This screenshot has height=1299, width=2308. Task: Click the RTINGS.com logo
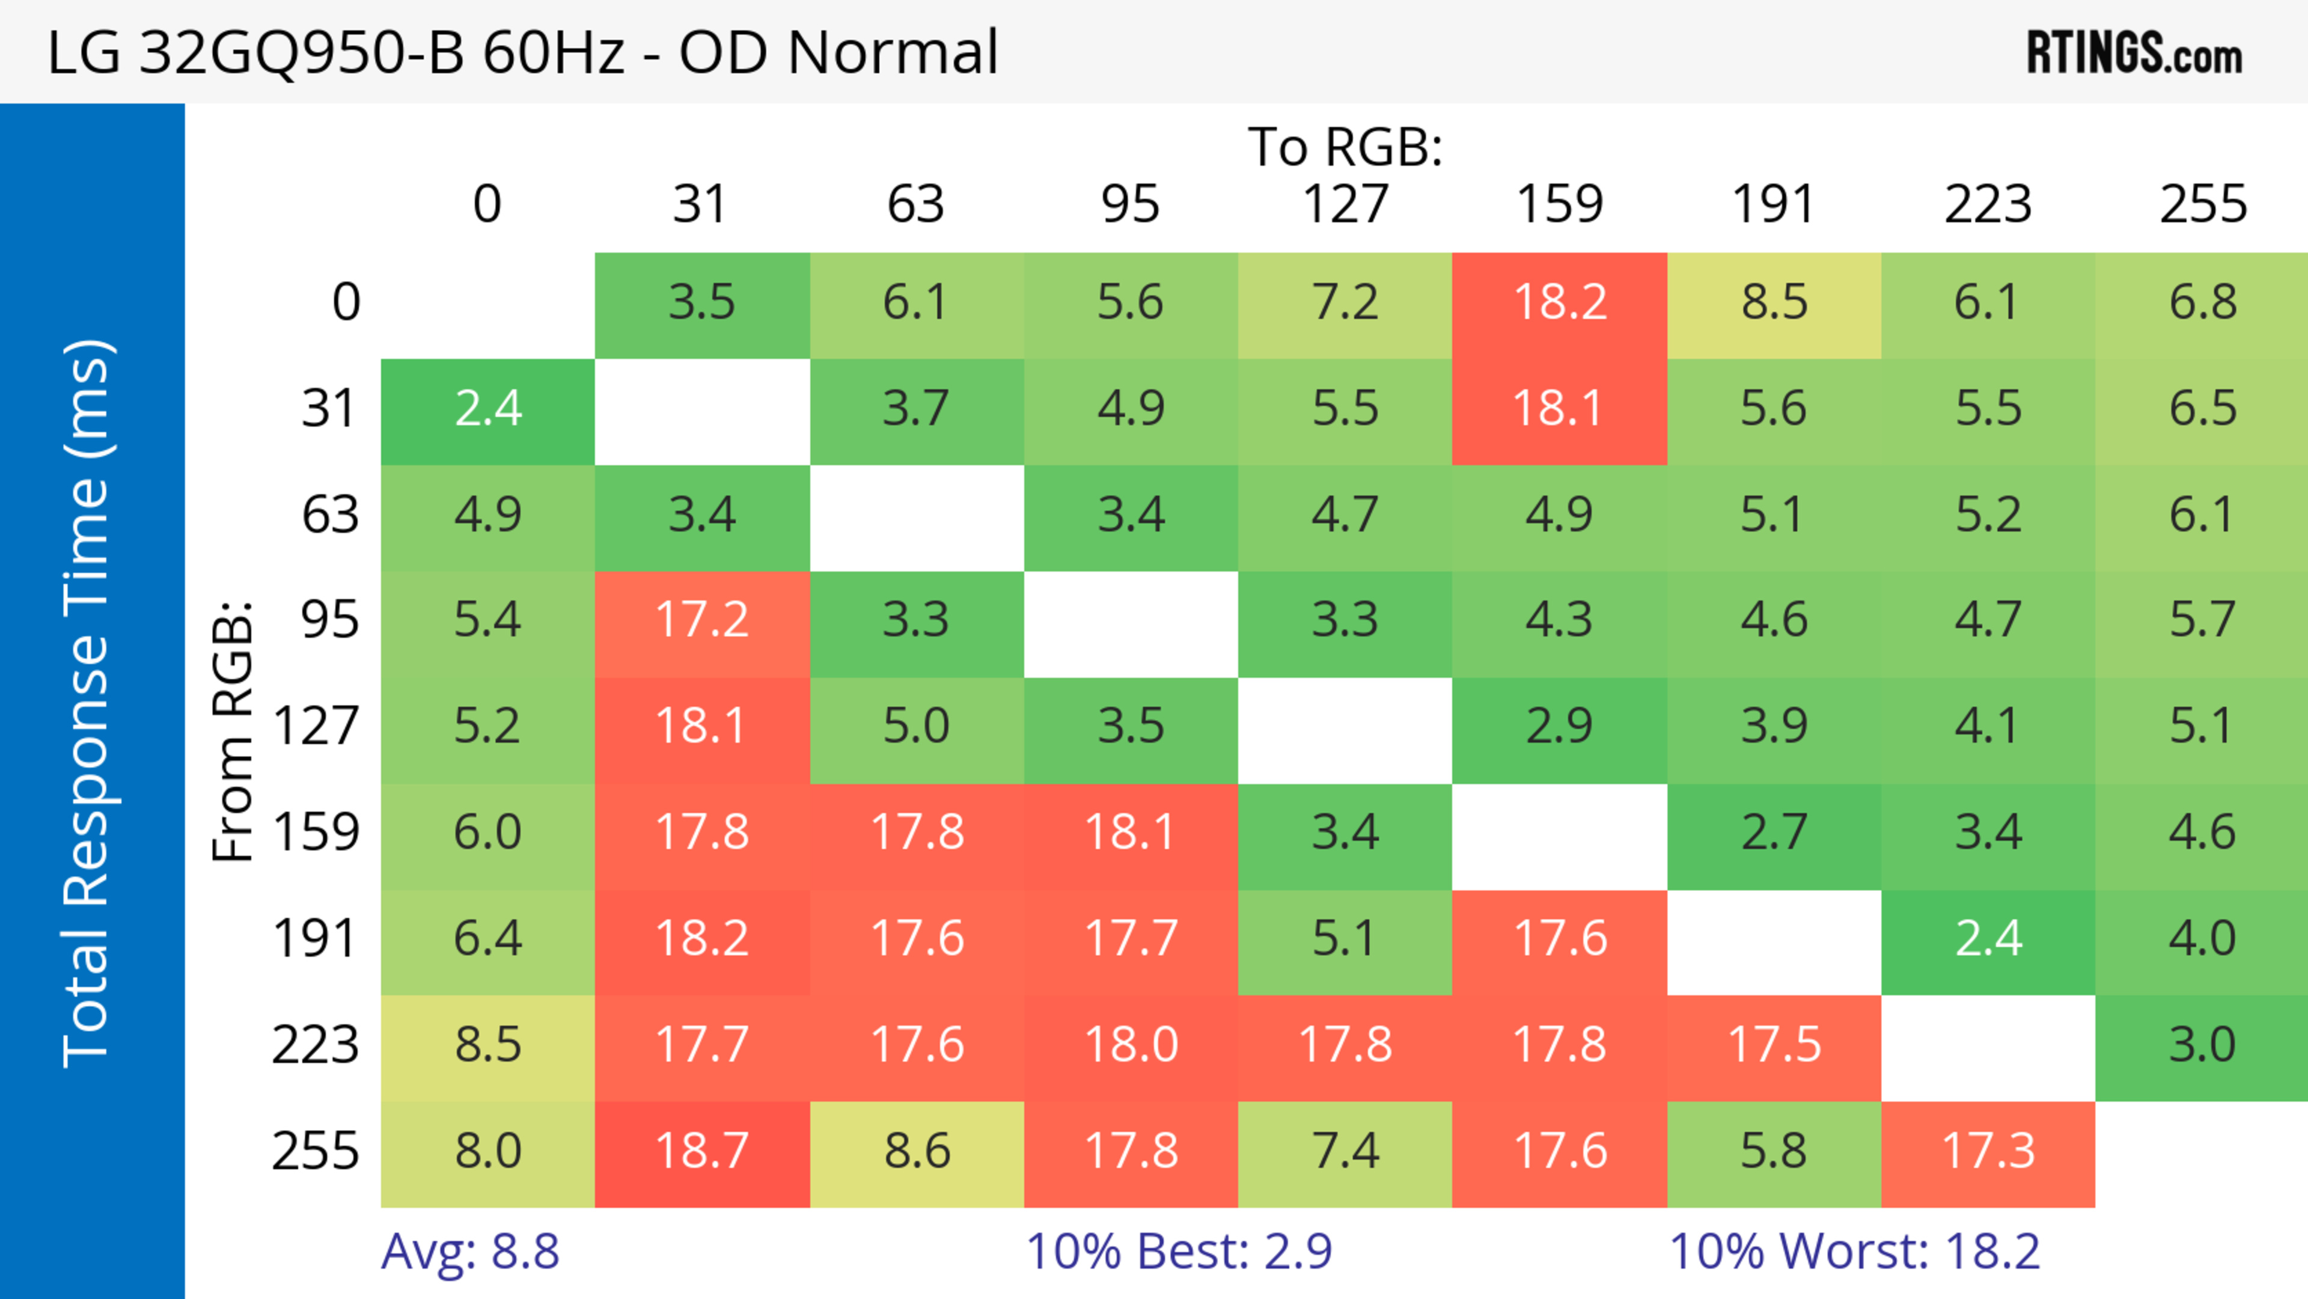point(2134,53)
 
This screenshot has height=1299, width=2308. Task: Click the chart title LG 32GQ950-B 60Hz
point(522,52)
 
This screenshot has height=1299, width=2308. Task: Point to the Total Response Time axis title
point(88,703)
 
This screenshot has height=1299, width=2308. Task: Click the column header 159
point(1559,204)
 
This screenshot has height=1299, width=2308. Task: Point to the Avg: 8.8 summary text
point(471,1252)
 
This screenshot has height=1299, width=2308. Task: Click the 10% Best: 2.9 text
point(1179,1252)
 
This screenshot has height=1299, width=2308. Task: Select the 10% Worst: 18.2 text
point(1854,1252)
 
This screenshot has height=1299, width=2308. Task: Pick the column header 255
point(2202,204)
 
